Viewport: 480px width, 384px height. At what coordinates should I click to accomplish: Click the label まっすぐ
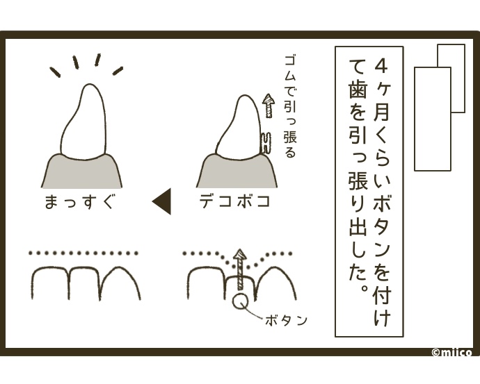point(80,202)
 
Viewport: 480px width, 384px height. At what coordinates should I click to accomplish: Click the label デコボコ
point(235,201)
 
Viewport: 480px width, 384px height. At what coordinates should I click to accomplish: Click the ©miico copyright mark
point(451,353)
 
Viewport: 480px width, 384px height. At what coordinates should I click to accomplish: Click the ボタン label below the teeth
point(286,321)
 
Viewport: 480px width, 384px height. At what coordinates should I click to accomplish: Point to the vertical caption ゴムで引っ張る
point(289,106)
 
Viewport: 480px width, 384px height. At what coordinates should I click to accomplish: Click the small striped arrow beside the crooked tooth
point(269,106)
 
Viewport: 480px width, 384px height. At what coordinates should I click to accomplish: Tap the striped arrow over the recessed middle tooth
point(241,269)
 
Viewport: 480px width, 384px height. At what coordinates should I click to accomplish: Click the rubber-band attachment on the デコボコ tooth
point(266,142)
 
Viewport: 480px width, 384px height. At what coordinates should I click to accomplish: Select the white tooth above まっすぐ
point(83,122)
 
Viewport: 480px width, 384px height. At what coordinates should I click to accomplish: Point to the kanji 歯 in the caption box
point(358,89)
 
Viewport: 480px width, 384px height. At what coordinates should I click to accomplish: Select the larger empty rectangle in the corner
point(433,119)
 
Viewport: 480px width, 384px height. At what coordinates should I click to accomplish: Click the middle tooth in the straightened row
point(84,283)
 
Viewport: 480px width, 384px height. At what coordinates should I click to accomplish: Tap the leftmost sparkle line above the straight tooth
point(56,72)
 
